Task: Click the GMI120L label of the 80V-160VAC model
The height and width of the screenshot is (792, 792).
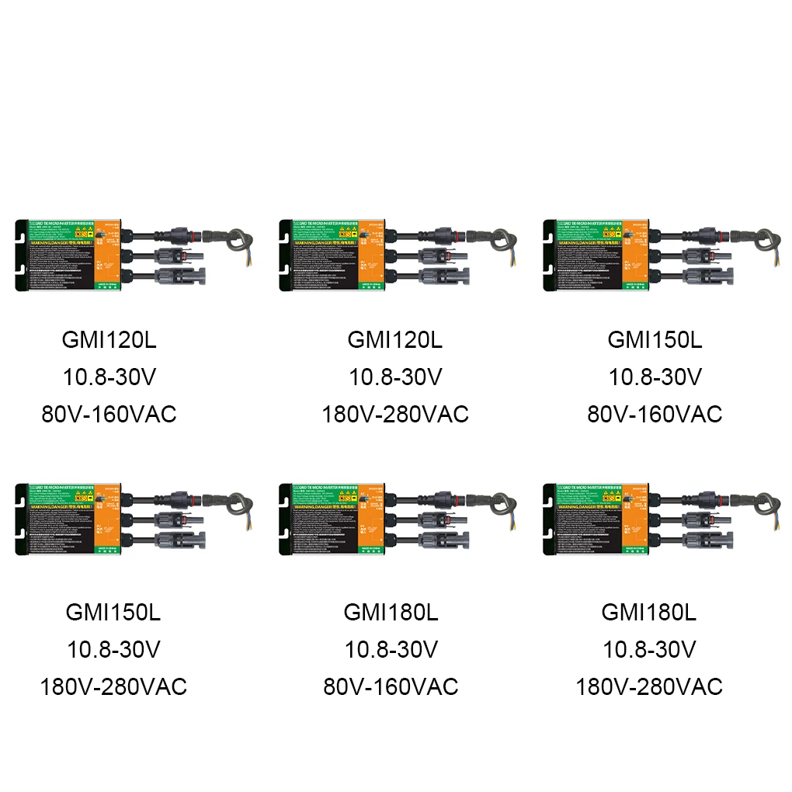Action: point(109,340)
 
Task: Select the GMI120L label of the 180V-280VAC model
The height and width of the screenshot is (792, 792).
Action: point(395,340)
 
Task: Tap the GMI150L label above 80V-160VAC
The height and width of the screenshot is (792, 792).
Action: point(655,340)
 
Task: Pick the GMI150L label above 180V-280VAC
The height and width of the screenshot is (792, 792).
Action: point(113,612)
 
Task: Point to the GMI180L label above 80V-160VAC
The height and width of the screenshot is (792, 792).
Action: point(391,612)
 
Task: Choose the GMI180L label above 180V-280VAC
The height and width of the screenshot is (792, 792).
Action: point(649,612)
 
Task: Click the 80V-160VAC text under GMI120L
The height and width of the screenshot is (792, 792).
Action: point(109,414)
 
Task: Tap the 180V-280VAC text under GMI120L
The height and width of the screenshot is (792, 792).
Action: point(395,414)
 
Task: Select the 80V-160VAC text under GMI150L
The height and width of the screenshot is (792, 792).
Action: point(655,414)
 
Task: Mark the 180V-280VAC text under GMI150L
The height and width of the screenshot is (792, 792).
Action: point(113,686)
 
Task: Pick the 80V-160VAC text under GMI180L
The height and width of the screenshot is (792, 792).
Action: point(391,686)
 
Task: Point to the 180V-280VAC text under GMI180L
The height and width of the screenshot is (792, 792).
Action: point(649,686)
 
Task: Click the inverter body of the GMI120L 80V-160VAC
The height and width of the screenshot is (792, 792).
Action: point(70,255)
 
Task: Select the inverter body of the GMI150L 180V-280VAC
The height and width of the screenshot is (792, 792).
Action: point(70,519)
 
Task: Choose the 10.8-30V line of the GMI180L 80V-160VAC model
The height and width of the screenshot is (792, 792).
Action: point(391,649)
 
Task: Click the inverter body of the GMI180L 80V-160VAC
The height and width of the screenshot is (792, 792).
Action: point(334,519)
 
